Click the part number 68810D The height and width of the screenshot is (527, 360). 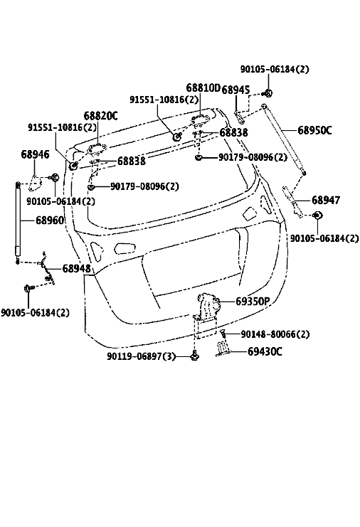pyautogui.click(x=203, y=88)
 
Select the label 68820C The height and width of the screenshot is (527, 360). pyautogui.click(x=100, y=116)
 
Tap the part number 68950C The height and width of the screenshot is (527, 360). pyautogui.click(x=314, y=130)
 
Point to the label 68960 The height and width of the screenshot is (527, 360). pyautogui.click(x=50, y=220)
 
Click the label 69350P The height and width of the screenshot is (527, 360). pyautogui.click(x=253, y=302)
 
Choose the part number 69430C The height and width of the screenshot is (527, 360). pyautogui.click(x=265, y=351)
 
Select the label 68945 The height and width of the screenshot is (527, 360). pyautogui.click(x=236, y=90)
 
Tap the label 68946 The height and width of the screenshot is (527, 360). pyautogui.click(x=35, y=154)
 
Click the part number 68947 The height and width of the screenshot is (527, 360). pyautogui.click(x=326, y=201)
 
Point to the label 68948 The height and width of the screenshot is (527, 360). pyautogui.click(x=76, y=269)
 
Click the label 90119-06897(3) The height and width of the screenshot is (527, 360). pyautogui.click(x=141, y=356)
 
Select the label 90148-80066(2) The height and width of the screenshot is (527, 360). pyautogui.click(x=275, y=334)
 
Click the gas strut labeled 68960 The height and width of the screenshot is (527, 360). pyautogui.click(x=18, y=223)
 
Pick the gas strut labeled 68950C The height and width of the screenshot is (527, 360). pyautogui.click(x=284, y=139)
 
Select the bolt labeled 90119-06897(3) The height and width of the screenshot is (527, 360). pyautogui.click(x=195, y=356)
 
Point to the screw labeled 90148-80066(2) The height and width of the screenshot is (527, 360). pyautogui.click(x=222, y=334)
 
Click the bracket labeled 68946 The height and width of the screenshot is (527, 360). pyautogui.click(x=35, y=183)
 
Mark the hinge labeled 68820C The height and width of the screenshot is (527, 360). pyautogui.click(x=97, y=149)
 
